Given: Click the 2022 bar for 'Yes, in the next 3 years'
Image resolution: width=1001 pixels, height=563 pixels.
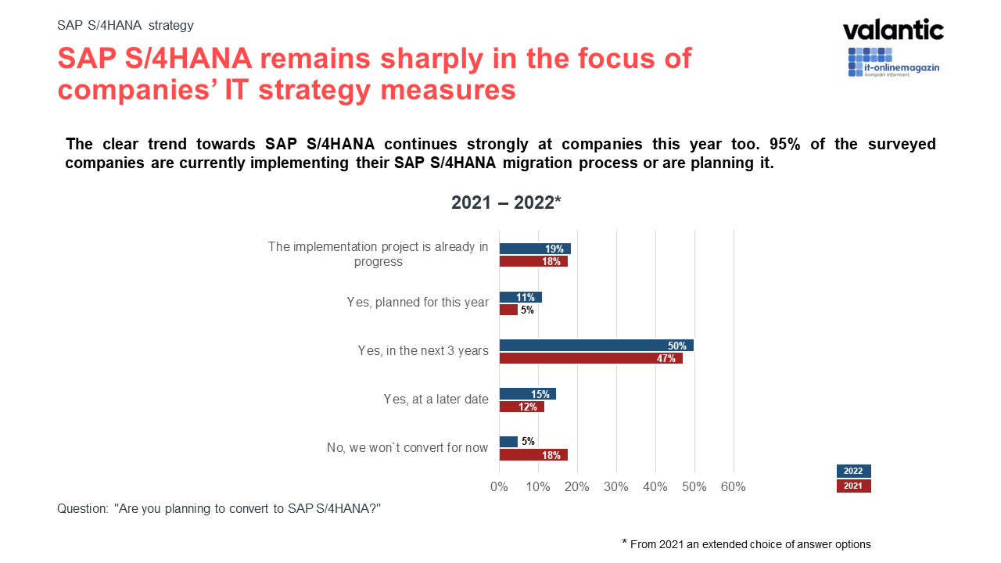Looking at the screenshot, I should (x=596, y=346).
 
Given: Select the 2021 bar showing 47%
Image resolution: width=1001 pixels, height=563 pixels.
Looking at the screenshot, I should (x=590, y=358).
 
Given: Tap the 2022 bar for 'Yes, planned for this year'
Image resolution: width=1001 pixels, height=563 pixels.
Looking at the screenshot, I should (x=520, y=297).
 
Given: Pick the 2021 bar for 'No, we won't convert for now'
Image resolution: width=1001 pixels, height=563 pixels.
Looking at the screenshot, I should (x=533, y=455).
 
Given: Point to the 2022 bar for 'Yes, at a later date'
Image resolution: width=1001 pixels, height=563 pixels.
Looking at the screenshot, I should (x=527, y=394).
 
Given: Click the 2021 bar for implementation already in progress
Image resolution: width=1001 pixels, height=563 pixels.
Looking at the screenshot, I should (x=533, y=261).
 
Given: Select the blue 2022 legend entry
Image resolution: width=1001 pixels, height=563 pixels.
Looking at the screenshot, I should (x=853, y=471).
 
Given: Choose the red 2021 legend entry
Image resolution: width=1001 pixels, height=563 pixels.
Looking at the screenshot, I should (x=853, y=486).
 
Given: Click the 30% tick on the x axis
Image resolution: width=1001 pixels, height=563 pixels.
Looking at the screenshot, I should (x=616, y=487).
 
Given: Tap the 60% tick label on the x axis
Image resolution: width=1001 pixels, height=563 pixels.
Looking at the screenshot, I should (x=733, y=487).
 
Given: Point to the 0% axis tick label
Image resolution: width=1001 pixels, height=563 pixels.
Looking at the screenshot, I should (x=499, y=487).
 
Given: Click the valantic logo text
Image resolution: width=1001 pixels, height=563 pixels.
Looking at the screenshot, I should (x=893, y=30).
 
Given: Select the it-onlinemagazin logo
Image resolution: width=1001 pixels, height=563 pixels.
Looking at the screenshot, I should (x=893, y=63).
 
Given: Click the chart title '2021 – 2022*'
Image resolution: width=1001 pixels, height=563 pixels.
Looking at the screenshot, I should (x=506, y=203).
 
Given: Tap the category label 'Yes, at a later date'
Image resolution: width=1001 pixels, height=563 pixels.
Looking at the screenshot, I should (x=436, y=399).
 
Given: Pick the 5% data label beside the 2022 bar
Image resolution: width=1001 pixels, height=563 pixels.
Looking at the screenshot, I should (x=528, y=442).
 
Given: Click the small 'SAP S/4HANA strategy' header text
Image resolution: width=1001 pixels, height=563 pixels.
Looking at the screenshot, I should (x=125, y=25).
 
